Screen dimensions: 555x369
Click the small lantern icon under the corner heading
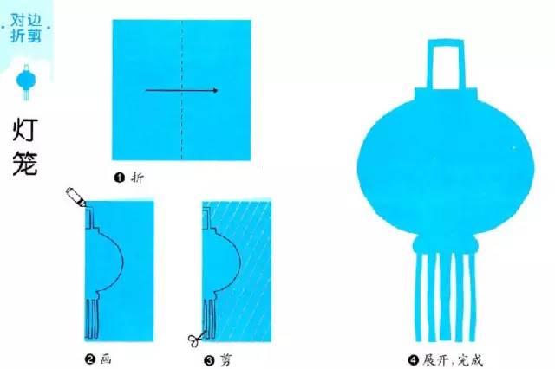coord(26,82)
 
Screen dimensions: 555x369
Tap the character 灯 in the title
coord(25,131)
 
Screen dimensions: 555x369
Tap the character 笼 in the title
coord(25,164)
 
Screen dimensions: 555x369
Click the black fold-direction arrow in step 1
coord(181,90)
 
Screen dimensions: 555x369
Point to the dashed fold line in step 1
coord(181,90)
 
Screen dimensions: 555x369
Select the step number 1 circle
coord(120,178)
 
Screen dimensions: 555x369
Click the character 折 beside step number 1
coord(137,178)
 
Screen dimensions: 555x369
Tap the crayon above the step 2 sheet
coord(75,197)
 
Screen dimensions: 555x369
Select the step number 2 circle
coord(90,359)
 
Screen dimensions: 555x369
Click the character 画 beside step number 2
coord(106,359)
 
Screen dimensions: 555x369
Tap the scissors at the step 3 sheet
coord(197,339)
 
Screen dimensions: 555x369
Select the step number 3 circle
coord(210,360)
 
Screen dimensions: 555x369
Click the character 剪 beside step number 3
coord(225,360)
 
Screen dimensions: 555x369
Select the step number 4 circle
coord(413,360)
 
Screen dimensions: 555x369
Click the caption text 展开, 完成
coord(453,360)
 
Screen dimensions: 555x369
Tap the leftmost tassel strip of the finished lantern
coord(420,297)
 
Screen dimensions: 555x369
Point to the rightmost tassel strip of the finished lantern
coord(472,297)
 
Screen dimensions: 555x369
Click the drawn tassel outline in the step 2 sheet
coord(92,319)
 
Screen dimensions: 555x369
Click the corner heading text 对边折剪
coord(26,29)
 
